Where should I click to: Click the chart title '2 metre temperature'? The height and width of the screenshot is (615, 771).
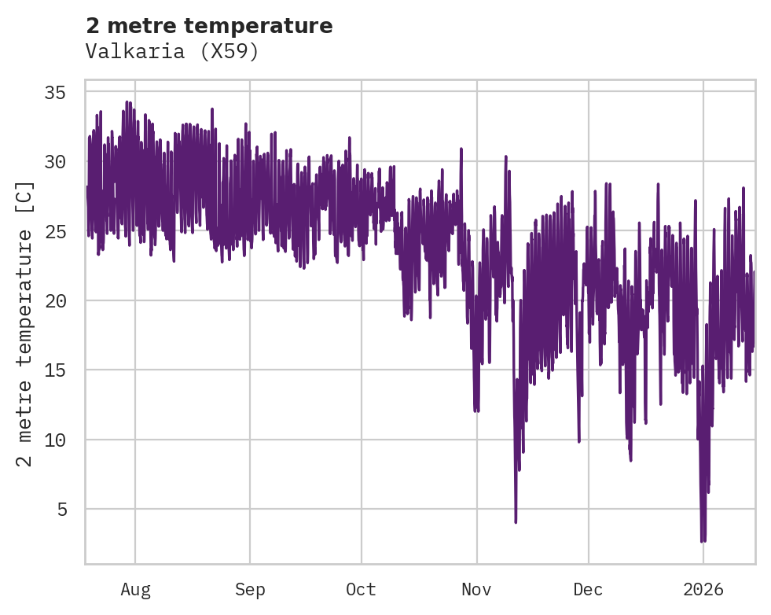point(209,26)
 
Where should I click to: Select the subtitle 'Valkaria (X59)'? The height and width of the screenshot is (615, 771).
point(172,51)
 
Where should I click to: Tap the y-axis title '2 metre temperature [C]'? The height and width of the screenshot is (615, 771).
point(25,323)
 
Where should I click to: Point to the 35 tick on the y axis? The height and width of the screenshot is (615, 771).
point(54,93)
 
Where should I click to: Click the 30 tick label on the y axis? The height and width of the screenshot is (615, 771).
point(54,162)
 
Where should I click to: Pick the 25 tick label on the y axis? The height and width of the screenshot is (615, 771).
point(54,231)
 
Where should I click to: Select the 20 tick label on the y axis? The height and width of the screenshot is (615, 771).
point(54,300)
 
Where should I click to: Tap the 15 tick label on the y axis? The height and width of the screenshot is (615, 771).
point(54,370)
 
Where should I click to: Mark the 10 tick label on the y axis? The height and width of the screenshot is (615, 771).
point(54,440)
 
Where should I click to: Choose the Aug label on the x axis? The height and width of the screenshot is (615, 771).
point(135,590)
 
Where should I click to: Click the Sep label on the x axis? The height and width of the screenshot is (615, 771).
point(250,590)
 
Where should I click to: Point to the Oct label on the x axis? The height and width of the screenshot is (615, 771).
point(362,590)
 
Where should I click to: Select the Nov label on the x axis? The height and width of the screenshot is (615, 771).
point(476,590)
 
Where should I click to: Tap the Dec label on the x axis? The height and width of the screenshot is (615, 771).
point(588,590)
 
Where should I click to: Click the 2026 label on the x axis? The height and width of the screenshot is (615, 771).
point(703,590)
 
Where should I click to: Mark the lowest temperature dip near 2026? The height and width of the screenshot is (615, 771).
point(703,540)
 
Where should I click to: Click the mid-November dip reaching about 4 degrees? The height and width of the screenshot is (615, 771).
point(516,521)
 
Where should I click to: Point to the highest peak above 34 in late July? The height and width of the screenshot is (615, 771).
point(127,101)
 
